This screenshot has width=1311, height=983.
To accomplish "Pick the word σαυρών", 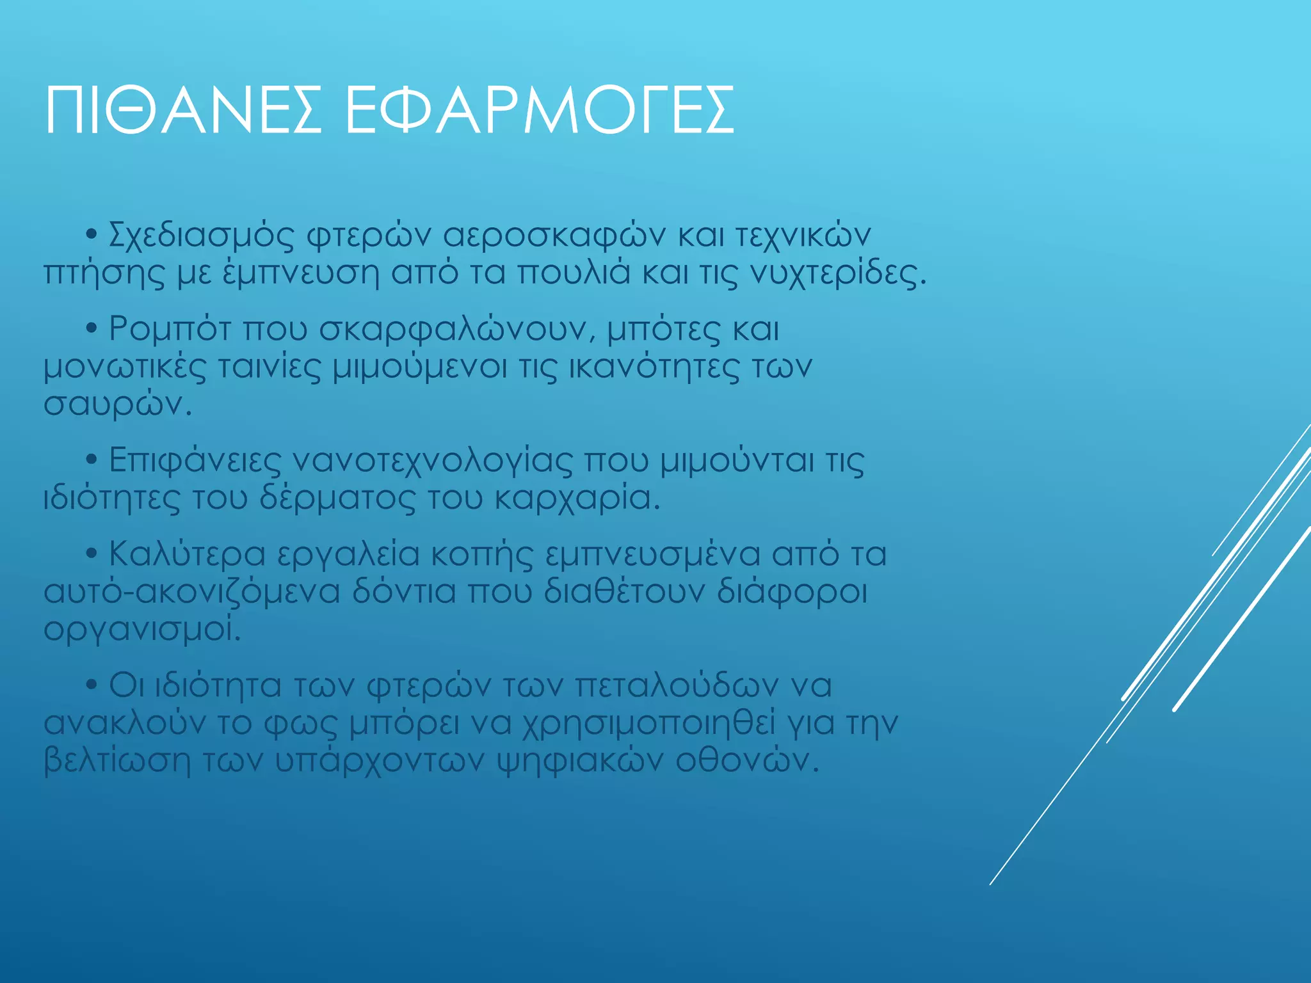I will (117, 405).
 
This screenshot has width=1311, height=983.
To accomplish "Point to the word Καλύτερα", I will (187, 555).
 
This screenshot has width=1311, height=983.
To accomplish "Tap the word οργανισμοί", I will (141, 630).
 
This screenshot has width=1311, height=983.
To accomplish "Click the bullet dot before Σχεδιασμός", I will (92, 234).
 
